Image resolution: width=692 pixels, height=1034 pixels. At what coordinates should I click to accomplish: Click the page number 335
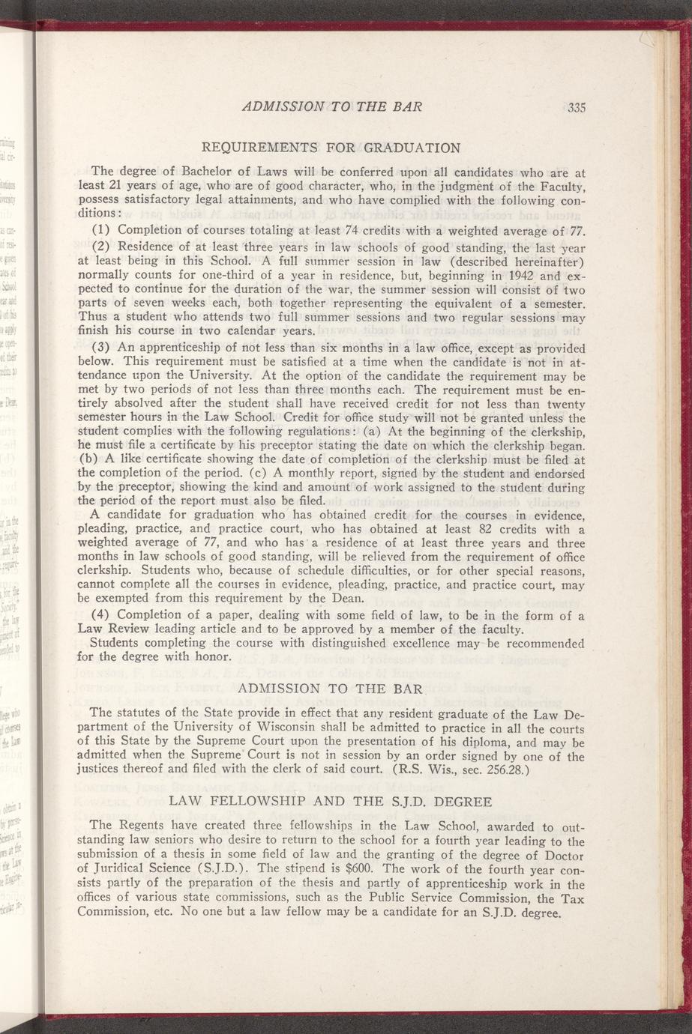[576, 108]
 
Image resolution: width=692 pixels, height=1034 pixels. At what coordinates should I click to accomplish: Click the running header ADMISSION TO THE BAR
[333, 106]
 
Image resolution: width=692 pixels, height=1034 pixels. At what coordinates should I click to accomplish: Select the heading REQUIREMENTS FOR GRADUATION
[331, 145]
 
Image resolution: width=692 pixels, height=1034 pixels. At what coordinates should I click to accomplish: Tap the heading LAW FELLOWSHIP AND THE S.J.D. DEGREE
[331, 802]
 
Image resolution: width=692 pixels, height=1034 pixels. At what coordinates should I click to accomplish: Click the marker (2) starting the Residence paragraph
[102, 246]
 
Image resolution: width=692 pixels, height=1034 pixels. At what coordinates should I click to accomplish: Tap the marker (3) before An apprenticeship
[102, 348]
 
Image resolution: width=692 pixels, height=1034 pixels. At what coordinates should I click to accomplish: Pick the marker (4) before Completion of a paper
[102, 616]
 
